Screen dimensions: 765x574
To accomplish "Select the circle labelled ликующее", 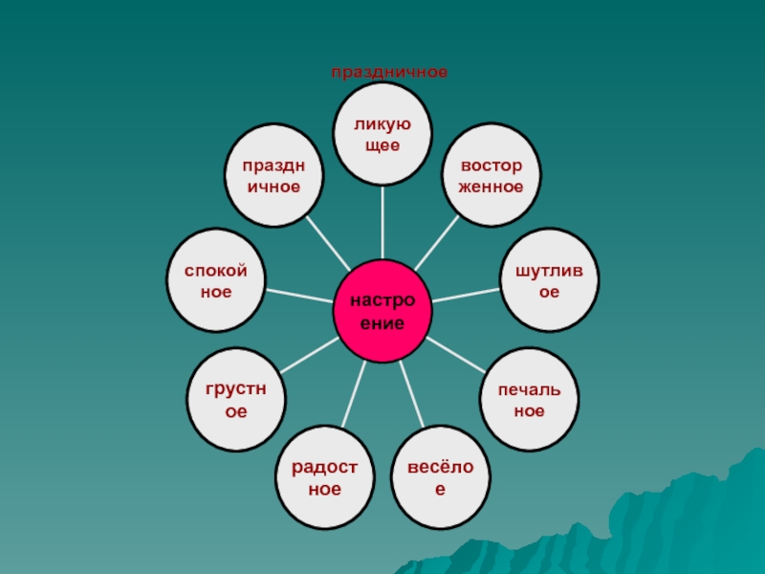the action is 382,133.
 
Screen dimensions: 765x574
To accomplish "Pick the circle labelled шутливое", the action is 550,279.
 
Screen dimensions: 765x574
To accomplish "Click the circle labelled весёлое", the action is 441,478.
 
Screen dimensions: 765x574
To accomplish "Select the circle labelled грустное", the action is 235,400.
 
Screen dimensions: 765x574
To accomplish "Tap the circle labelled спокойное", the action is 216,279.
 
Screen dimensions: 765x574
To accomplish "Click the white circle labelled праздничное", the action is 274,176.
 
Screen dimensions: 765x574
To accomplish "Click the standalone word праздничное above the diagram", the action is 389,72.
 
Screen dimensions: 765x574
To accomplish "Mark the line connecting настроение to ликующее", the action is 382,222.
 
